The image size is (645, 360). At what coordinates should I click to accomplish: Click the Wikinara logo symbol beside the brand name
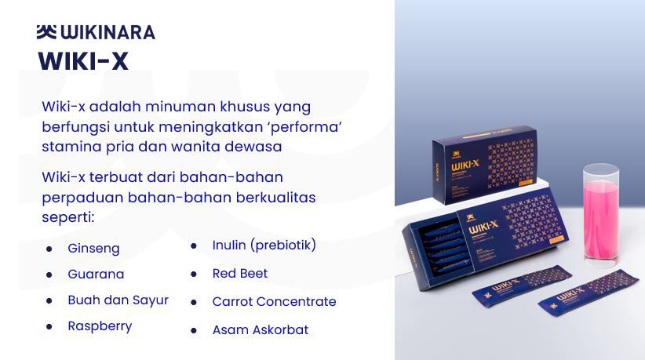[x=46, y=32]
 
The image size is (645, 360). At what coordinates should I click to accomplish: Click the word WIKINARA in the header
[x=108, y=32]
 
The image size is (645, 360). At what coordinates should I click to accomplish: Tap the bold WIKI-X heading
[x=83, y=61]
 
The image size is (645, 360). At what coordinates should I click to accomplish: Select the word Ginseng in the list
[x=94, y=249]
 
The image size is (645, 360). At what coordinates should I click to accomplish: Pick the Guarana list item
[x=96, y=274]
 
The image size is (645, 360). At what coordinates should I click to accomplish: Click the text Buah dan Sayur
[x=118, y=300]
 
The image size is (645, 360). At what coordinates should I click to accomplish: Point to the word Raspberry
[x=100, y=326]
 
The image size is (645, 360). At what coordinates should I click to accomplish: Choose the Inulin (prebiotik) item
[x=264, y=245]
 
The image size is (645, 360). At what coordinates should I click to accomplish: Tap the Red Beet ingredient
[x=240, y=273]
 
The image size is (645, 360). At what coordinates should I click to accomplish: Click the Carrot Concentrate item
[x=275, y=302]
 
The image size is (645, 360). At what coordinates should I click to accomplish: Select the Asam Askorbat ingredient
[x=261, y=329]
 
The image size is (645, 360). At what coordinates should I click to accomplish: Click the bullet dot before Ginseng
[x=49, y=249]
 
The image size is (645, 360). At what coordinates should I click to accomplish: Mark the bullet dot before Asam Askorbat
[x=194, y=330]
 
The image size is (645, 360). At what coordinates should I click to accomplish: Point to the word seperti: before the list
[x=68, y=217]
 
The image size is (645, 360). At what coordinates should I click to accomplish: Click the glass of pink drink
[x=600, y=213]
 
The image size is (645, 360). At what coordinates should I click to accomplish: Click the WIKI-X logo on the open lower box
[x=483, y=227]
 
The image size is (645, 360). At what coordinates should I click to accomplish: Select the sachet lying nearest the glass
[x=589, y=293]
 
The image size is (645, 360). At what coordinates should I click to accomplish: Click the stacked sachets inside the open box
[x=443, y=245]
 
